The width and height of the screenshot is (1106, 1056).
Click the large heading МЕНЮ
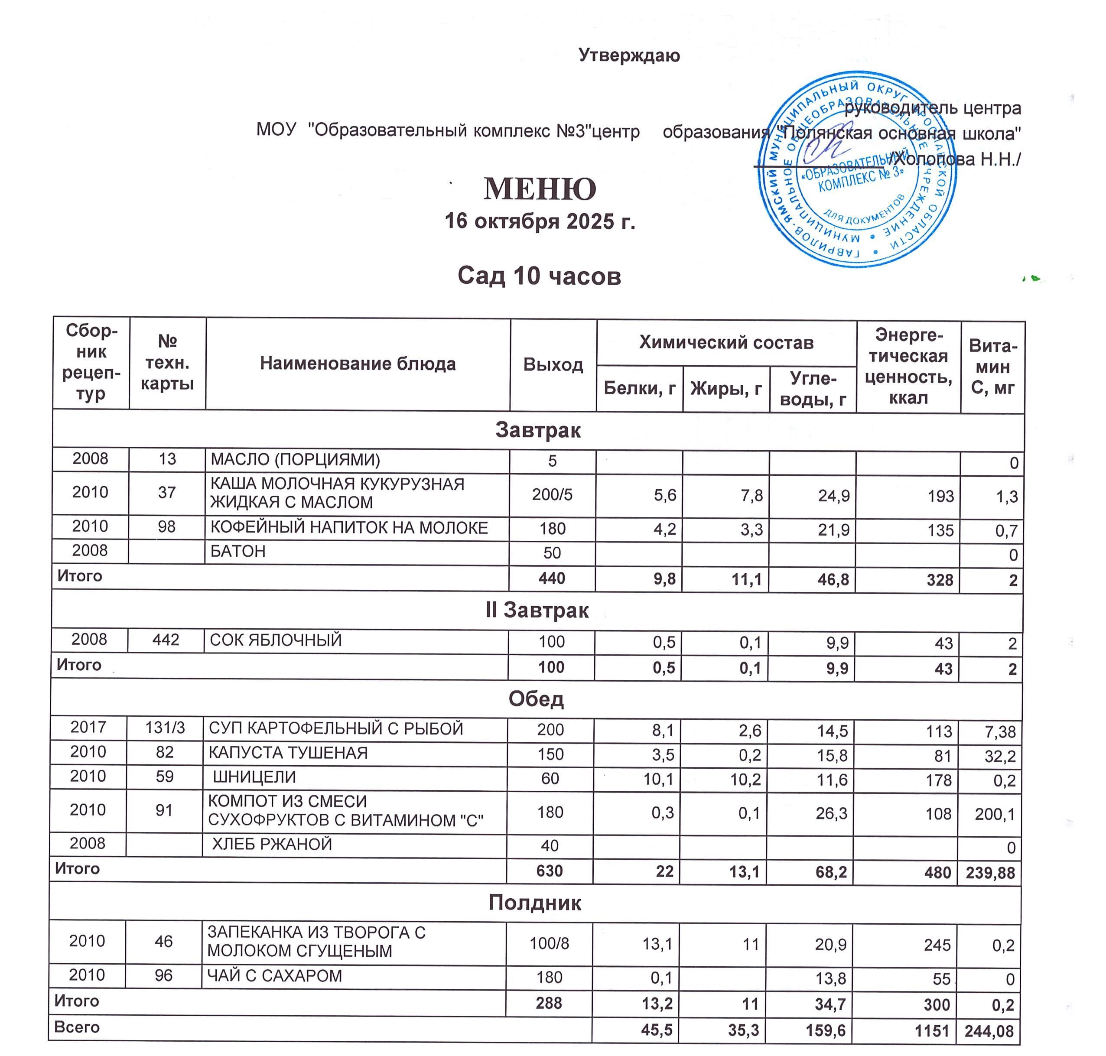(x=539, y=189)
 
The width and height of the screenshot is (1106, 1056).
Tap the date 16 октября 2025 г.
(x=539, y=221)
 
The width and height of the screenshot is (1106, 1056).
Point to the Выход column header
(x=553, y=365)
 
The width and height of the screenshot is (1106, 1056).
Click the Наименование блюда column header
(x=358, y=364)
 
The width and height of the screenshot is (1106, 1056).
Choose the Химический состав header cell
(x=725, y=342)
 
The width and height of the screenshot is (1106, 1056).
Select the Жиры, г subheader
(x=725, y=388)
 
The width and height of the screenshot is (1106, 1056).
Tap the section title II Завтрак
(x=537, y=610)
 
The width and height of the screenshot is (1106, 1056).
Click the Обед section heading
(x=536, y=699)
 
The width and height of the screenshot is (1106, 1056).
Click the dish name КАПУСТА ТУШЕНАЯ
(x=288, y=753)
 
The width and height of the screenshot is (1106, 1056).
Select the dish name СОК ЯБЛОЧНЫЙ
(x=276, y=640)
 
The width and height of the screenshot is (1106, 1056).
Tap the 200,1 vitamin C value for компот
(x=995, y=814)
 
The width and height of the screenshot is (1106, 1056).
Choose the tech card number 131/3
(x=165, y=728)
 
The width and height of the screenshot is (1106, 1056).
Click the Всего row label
(x=77, y=1027)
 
